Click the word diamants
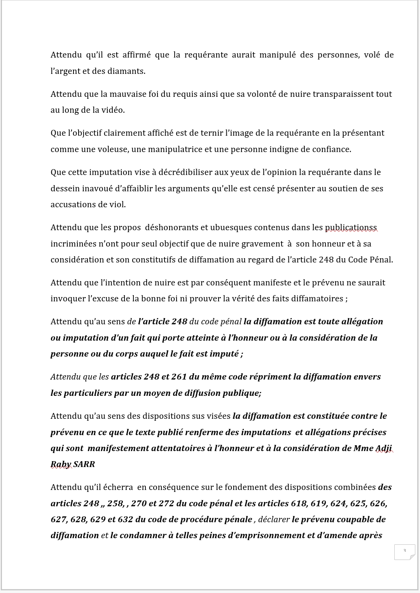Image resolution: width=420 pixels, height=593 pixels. tap(129, 71)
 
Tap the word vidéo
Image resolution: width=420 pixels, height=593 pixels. tap(113, 110)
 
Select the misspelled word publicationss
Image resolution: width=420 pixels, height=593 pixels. tap(351, 227)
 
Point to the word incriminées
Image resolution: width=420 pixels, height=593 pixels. tap(72, 244)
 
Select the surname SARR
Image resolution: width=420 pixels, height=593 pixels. tap(84, 464)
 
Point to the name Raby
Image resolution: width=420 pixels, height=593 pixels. tap(61, 464)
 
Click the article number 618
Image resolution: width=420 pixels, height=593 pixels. tap(298, 504)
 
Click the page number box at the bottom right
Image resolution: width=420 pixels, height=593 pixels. tap(404, 552)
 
